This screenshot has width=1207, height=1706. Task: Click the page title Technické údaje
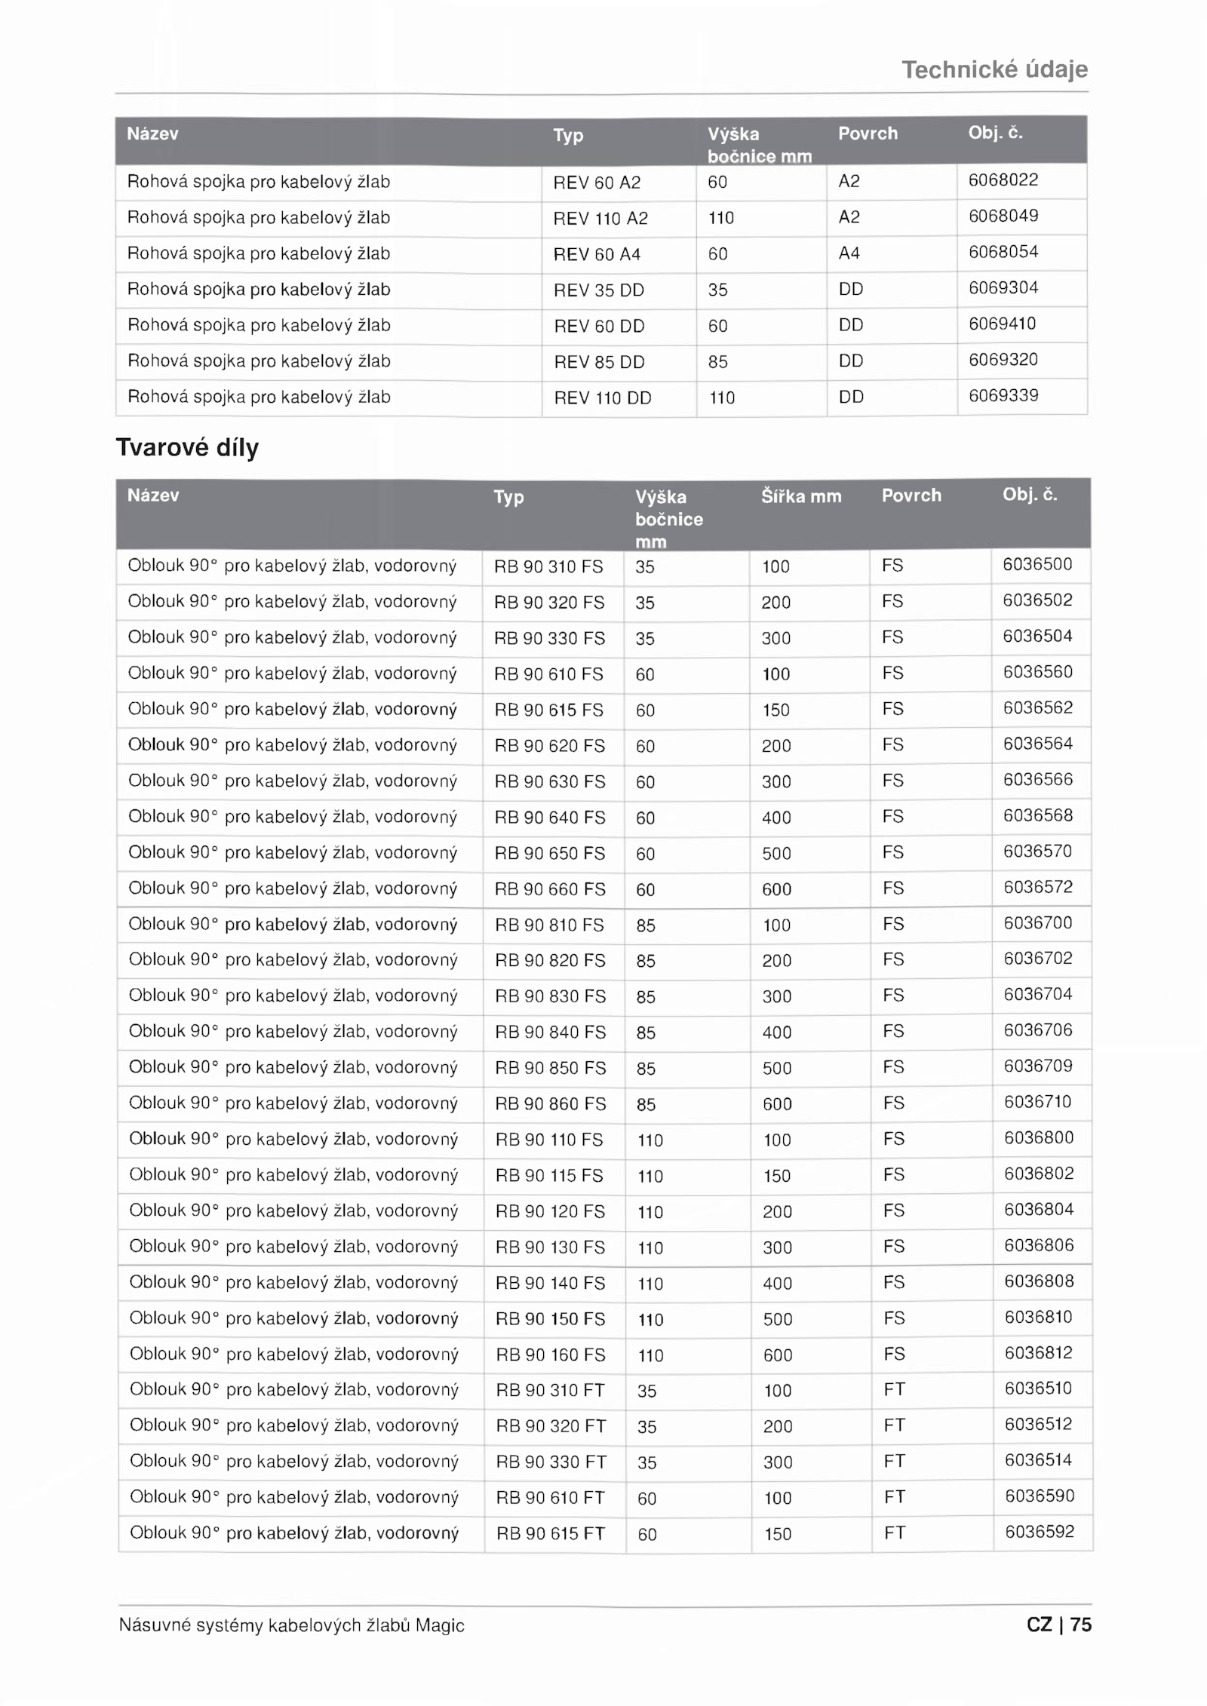[994, 70]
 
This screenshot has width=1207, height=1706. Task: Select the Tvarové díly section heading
[187, 447]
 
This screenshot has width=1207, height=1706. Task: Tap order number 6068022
[1003, 180]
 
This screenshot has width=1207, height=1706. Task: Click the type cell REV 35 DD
[599, 290]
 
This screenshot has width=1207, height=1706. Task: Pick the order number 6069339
[1003, 396]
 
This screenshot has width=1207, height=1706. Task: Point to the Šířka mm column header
[800, 496]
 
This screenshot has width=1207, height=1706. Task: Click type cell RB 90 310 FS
[548, 567]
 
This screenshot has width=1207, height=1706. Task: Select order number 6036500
[1037, 565]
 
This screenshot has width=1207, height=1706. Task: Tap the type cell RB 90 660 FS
[550, 890]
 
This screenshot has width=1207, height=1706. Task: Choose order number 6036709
[1038, 1066]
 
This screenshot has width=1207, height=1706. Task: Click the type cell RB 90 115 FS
[549, 1176]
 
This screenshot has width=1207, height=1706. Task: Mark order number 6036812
[1039, 1353]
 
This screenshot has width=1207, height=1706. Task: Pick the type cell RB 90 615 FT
[551, 1534]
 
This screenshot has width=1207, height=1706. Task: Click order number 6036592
[1040, 1532]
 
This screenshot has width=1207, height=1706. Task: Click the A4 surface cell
[849, 253]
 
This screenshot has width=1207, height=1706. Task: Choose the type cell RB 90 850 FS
[550, 1069]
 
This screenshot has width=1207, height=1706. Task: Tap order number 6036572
[1037, 888]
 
